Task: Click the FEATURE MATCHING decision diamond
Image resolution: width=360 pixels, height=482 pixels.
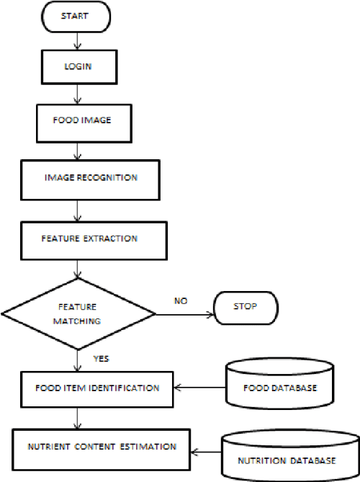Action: coord(78,313)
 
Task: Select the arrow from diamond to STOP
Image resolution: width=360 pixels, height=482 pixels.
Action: coord(184,314)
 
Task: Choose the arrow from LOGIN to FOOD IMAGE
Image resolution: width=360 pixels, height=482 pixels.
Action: coord(77,97)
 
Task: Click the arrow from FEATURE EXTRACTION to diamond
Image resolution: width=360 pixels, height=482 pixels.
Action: coord(78,269)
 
